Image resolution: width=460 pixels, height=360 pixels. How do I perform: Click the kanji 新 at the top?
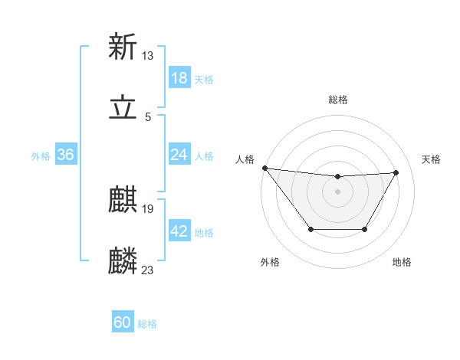pos(123,47)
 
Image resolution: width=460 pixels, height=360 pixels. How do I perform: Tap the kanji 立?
pos(123,110)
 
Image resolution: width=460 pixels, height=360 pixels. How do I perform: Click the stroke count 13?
pos(148,55)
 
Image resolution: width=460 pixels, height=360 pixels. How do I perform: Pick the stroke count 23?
pos(148,270)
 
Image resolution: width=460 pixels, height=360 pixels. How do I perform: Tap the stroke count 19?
pos(148,208)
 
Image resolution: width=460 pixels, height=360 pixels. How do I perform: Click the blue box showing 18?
pos(179,78)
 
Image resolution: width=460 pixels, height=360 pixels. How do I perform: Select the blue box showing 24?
pos(179,155)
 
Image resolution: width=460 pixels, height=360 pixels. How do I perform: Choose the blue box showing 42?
pos(179,232)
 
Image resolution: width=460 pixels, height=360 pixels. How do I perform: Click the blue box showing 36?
pos(65,155)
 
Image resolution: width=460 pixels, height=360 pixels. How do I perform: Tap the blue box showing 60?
pos(123,322)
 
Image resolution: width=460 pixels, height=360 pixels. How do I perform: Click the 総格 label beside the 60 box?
pos(148,324)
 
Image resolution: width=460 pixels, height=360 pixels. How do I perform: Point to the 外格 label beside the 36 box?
pos(41,155)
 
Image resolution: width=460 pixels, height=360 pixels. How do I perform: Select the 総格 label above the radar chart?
pos(338,100)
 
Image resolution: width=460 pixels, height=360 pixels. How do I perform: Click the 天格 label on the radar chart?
pos(431,159)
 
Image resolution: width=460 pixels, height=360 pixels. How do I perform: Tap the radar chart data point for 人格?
pos(264,168)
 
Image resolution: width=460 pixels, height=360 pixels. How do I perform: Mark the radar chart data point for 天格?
pos(396,172)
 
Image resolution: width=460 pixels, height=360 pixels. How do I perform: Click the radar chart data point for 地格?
pos(365,229)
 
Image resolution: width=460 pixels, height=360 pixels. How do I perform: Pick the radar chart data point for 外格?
pos(310,229)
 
